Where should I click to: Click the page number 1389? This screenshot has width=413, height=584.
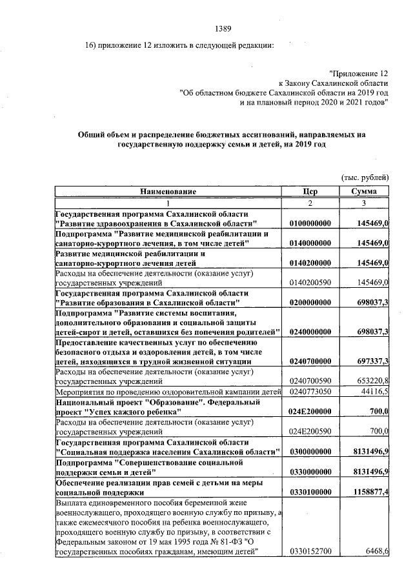click(x=222, y=28)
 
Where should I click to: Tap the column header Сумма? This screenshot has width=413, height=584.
click(x=364, y=192)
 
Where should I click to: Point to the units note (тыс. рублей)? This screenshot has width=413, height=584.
click(x=365, y=176)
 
